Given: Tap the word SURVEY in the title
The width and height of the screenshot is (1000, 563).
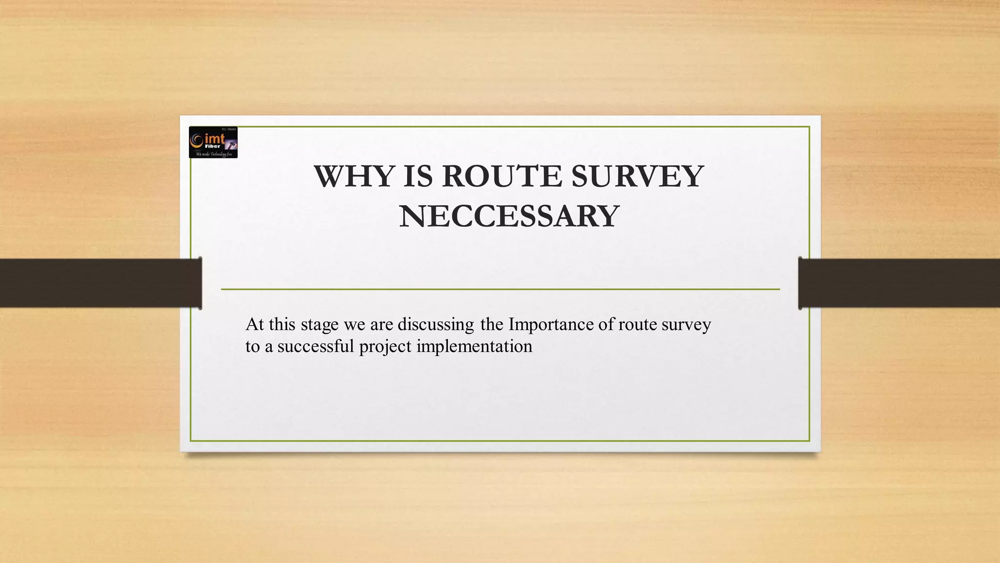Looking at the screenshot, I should [637, 176].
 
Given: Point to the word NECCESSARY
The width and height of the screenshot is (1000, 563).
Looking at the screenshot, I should [509, 217].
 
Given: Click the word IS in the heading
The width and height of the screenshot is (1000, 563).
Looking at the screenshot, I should [418, 176].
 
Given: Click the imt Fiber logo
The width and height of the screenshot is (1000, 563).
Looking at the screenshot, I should [213, 142].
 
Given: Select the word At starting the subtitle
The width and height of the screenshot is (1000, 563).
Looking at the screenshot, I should [254, 325].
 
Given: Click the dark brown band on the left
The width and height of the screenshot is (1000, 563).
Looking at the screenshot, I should [98, 283].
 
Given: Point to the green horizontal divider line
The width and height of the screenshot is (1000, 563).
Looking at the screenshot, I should [500, 289].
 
